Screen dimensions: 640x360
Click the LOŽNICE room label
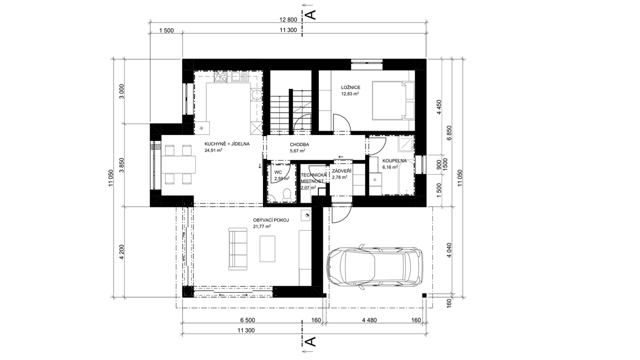point(350,87)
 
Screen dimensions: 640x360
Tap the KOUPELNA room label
point(394,161)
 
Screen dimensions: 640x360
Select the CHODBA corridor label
point(299,145)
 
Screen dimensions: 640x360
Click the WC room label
point(278,172)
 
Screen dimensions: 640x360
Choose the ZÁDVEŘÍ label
point(342,171)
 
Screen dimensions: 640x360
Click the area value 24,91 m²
point(214,150)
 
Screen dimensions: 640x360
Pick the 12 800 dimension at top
point(288,19)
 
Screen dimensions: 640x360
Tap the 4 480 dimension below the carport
point(369,320)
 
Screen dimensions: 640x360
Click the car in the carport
point(375,267)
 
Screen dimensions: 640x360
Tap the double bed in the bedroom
point(393,100)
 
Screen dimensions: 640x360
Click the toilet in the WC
point(286,194)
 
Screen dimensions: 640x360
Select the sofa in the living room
point(238,249)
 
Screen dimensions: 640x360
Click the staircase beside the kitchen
point(291,110)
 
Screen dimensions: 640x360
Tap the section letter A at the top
point(311,15)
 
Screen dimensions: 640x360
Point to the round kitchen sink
point(256,95)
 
